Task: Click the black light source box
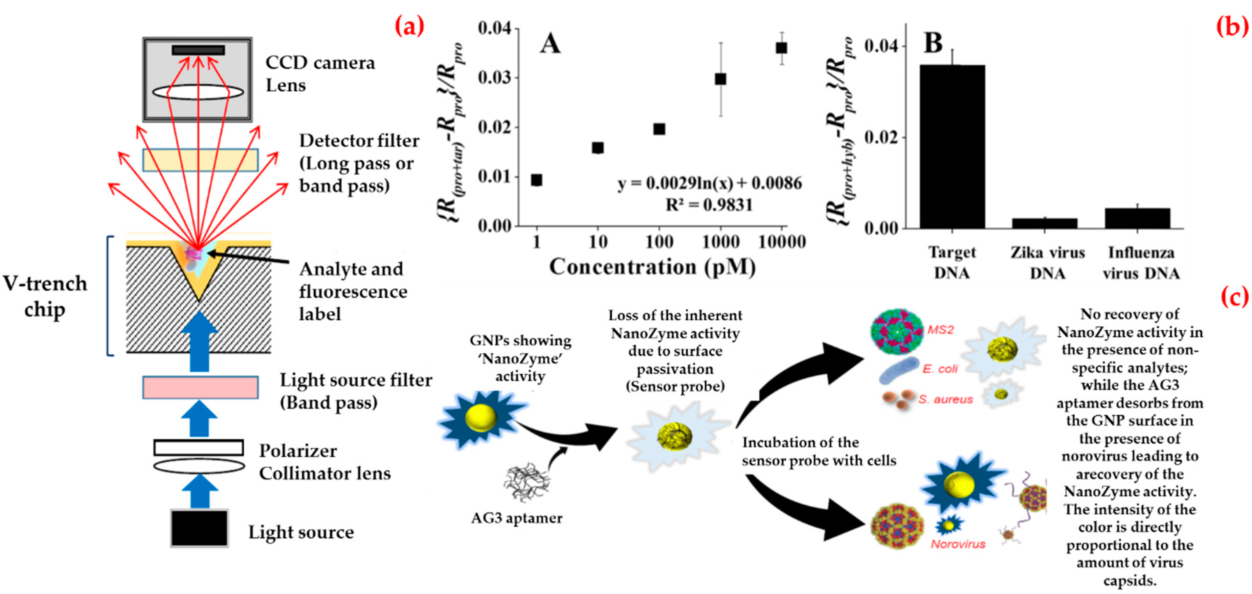point(199,528)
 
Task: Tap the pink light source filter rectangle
point(200,388)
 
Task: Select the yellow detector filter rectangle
point(200,160)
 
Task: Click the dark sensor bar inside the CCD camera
point(198,50)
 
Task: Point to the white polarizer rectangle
point(198,447)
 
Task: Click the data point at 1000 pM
point(720,79)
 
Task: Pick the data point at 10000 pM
point(781,48)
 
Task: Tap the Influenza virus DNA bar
point(1137,218)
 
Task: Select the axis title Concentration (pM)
point(652,267)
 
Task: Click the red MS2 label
point(940,330)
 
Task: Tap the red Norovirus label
point(958,544)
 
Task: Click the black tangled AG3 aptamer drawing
point(527,483)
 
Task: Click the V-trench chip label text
point(45,296)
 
